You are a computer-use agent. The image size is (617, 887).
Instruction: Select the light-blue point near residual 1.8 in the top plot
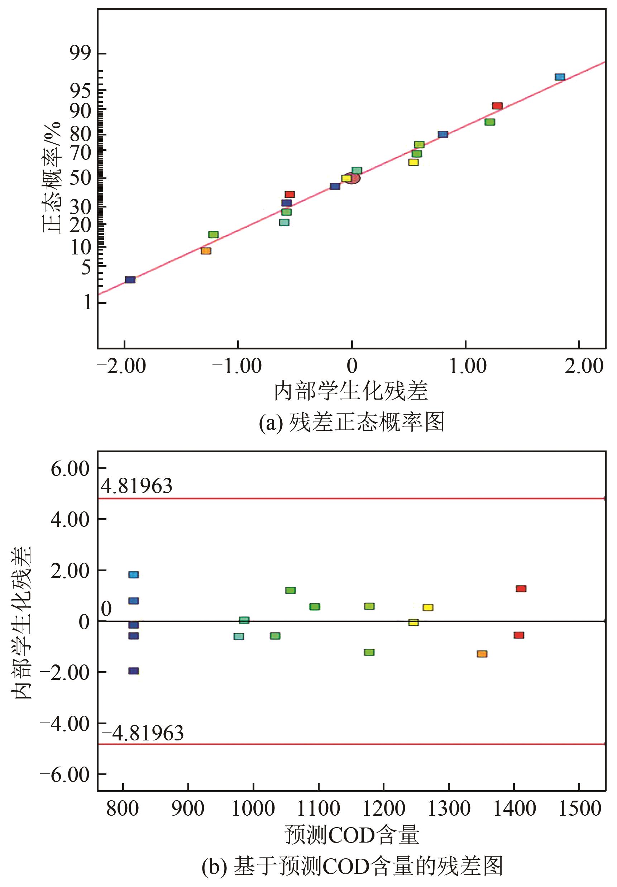pos(560,77)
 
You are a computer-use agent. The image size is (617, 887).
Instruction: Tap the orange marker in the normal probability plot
pos(206,251)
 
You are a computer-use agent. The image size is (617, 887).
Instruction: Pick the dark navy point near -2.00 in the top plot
pos(130,280)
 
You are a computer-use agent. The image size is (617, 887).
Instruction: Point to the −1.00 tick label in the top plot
pos(237,366)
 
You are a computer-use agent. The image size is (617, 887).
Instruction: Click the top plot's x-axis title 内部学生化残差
pos(351,391)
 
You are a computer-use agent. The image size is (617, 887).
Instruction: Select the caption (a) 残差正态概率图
pos(351,422)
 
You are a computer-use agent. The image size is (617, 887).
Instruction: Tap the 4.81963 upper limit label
pos(137,486)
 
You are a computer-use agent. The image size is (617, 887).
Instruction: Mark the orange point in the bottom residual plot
pos(482,654)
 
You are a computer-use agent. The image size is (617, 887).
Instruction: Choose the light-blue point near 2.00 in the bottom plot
pos(133,574)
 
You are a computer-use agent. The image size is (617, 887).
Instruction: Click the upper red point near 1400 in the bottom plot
pos(521,588)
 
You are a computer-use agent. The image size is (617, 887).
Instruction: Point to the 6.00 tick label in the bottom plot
pos(70,469)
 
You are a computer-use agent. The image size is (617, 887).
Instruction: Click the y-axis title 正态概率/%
pos(52,177)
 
